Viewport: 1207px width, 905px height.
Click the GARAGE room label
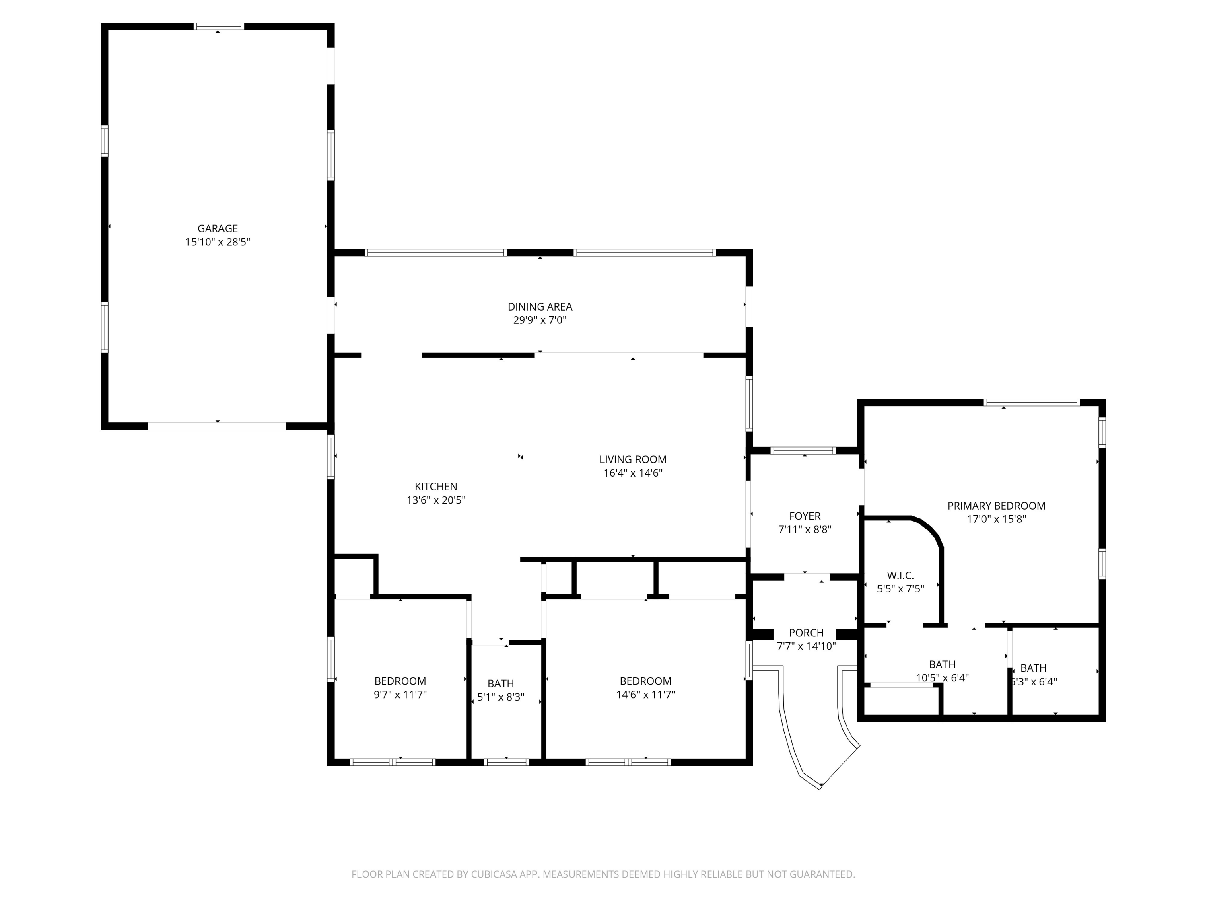[217, 228]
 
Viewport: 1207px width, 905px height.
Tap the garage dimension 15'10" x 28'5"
[217, 242]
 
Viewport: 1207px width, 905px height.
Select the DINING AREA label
[540, 306]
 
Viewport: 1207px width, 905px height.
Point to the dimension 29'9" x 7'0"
[540, 320]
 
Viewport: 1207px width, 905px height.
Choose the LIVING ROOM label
[632, 459]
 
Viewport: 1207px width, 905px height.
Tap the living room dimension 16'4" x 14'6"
[632, 473]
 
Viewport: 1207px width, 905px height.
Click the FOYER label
[804, 516]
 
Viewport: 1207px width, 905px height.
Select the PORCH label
[806, 633]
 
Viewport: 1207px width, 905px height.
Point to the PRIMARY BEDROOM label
[996, 506]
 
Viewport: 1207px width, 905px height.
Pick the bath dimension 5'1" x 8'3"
[501, 697]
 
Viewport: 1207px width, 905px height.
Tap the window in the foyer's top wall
[803, 450]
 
